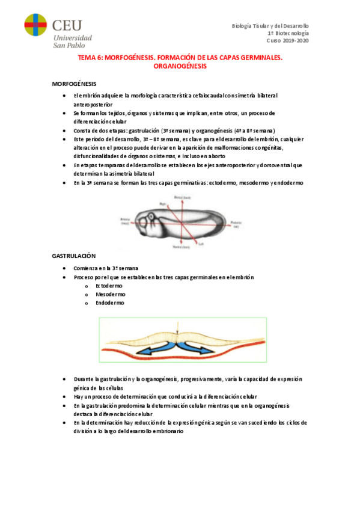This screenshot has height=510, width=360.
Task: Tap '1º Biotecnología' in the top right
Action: click(x=288, y=34)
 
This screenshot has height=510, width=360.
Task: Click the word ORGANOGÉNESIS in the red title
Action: click(x=180, y=67)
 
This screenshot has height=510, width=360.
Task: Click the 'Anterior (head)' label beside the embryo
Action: click(x=124, y=222)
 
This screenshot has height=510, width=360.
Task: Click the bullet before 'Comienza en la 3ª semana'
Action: click(x=65, y=268)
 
